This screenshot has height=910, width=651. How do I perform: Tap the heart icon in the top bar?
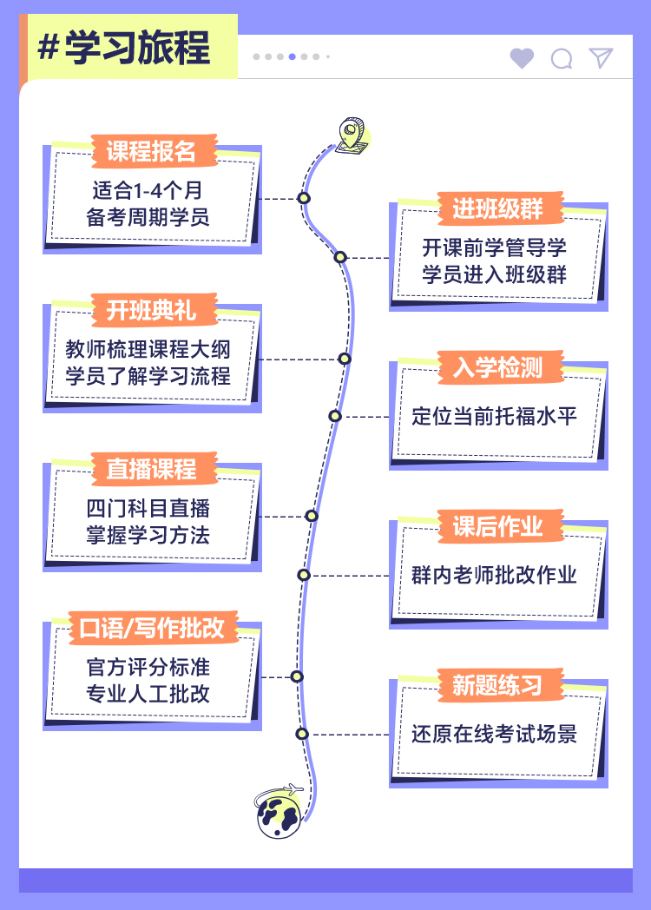coord(522,58)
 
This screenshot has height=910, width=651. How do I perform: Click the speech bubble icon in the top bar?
coord(562,58)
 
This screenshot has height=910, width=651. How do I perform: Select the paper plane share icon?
coord(601,57)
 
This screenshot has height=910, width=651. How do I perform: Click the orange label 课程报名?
coord(151,151)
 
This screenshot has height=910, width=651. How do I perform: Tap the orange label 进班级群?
coord(497,208)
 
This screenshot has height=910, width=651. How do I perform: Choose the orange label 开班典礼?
coord(151,310)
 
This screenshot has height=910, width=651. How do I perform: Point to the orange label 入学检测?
coord(497,367)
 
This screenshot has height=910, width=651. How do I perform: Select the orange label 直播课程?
coord(151,469)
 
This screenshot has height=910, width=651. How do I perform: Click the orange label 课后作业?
coord(497,526)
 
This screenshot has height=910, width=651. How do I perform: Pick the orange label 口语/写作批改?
coord(151,628)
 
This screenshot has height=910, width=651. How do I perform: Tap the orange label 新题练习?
coord(497,685)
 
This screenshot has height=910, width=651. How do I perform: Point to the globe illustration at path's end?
coord(279,814)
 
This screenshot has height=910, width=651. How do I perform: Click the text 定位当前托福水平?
coord(494,416)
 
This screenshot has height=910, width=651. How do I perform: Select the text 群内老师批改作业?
coord(494,575)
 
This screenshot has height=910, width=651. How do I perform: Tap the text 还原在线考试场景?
coord(494,734)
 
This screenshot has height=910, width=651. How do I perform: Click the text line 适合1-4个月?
coord(148,189)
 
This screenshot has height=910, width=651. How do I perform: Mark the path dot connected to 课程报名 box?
coord(304,198)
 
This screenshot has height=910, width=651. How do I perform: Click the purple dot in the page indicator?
coord(293,56)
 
